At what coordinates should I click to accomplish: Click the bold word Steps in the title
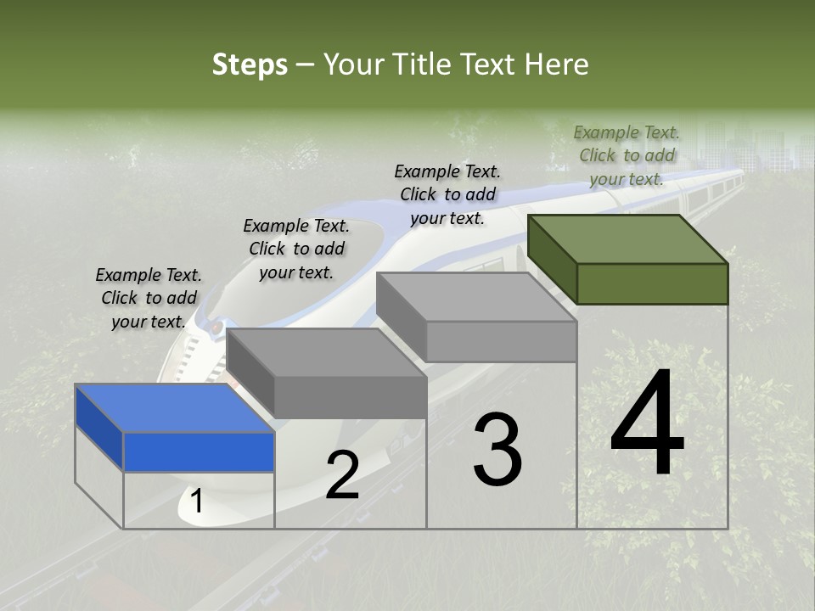coord(250,64)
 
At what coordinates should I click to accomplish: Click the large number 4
coord(647,423)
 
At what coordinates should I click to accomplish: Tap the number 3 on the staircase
coord(497,449)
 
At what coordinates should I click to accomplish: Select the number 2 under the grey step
coord(342,475)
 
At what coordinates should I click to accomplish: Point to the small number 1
coord(196,502)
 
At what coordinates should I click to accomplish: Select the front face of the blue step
coord(199,451)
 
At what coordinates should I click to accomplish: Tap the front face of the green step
coord(652,283)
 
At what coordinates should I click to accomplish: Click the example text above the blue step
coord(149,298)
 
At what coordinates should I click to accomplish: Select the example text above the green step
coord(627,155)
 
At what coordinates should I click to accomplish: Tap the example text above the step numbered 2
coord(296,249)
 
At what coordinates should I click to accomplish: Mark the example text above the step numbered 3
coord(447,194)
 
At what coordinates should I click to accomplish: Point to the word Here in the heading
coord(557,64)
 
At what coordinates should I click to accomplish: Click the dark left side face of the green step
coord(552,259)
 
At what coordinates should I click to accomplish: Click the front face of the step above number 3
coord(501,342)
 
